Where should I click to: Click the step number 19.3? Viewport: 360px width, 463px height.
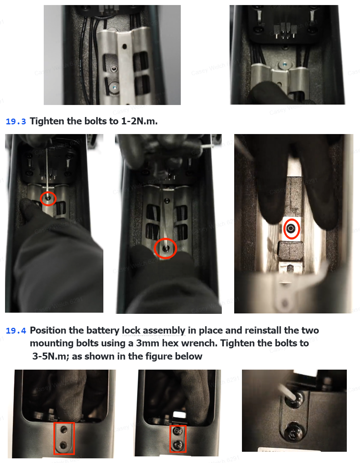(x=16, y=121)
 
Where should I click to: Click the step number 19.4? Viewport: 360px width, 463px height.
(x=16, y=331)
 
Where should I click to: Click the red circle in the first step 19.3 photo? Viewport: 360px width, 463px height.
(x=48, y=198)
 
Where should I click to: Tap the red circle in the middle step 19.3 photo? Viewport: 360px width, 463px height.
(x=165, y=248)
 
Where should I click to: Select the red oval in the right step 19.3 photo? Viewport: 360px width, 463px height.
(x=291, y=228)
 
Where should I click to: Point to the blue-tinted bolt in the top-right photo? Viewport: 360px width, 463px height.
(x=284, y=64)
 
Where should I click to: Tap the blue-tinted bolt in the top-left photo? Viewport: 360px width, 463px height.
(x=114, y=88)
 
